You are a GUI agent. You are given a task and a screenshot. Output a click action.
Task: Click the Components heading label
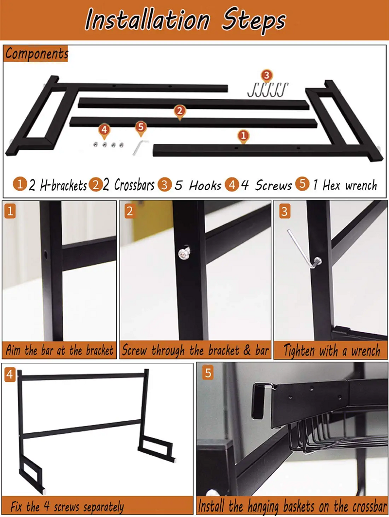36,53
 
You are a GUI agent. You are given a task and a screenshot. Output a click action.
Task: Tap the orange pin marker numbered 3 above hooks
266,75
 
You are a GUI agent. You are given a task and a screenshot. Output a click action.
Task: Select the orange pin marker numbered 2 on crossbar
179,111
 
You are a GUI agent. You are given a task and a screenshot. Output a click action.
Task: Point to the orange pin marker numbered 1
243,135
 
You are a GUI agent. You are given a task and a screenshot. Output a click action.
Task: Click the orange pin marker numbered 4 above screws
104,130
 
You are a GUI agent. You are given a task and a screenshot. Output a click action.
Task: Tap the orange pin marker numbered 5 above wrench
141,127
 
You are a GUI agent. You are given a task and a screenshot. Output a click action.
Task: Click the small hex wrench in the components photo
140,147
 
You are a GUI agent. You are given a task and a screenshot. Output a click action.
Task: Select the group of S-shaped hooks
268,90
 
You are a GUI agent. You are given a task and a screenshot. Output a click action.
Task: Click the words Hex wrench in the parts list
350,185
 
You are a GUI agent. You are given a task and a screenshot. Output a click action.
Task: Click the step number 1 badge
10,212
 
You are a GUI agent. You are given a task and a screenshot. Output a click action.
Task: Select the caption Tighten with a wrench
332,351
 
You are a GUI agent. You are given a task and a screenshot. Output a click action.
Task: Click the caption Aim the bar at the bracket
59,351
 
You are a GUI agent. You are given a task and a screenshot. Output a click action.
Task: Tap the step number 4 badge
10,374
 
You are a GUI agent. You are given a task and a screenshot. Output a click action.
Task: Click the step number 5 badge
208,373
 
